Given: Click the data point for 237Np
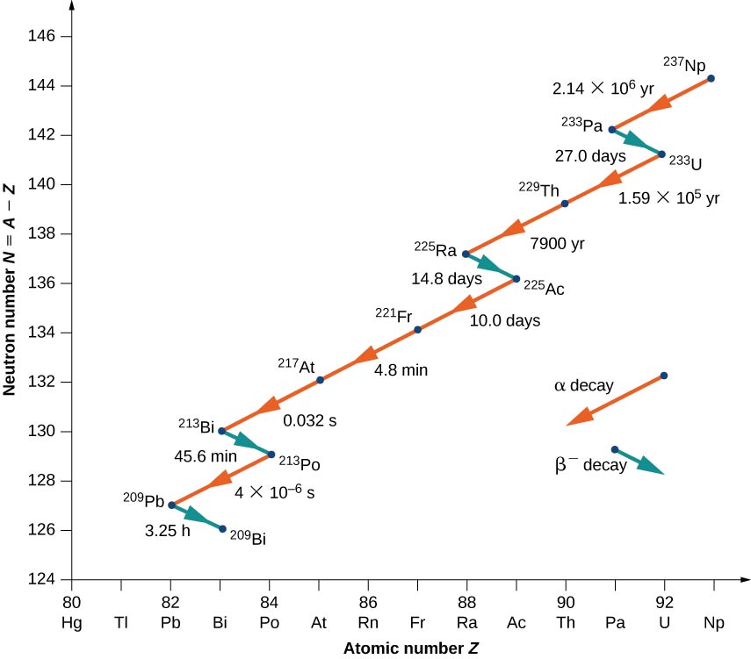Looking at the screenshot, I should (x=711, y=79).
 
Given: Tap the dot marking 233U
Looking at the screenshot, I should (x=662, y=154).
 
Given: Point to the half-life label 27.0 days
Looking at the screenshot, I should (x=590, y=157).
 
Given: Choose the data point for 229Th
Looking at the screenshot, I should (x=565, y=204).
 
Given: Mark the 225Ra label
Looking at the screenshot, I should (x=436, y=247).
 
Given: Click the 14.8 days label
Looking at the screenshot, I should (x=447, y=280).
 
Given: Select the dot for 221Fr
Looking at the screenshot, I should (x=418, y=330).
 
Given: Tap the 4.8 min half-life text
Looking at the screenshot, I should (x=401, y=370).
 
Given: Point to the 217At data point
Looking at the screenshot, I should (x=321, y=380).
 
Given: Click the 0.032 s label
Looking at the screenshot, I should (x=309, y=420).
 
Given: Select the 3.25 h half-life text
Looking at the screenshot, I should (x=168, y=532).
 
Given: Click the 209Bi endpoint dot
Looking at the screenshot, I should (x=222, y=529).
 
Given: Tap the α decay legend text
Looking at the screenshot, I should (x=583, y=385).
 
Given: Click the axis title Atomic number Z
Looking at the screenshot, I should (x=411, y=648).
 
